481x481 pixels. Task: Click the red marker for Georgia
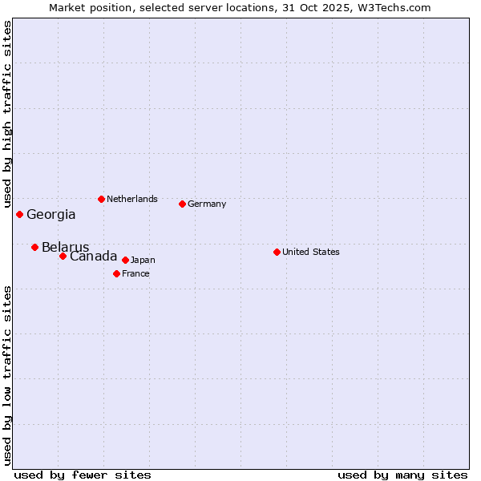[19, 214]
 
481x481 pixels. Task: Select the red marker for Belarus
[34, 247]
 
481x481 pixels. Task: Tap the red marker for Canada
[63, 256]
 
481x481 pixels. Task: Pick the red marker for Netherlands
[101, 199]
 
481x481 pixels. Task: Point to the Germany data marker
[182, 204]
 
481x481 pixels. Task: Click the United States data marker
[277, 252]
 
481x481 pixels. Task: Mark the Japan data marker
[125, 260]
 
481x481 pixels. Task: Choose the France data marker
[116, 273]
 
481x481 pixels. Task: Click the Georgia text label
[51, 215]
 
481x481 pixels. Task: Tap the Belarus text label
[66, 248]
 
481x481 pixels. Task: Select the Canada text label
[93, 257]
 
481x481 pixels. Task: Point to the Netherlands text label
[132, 199]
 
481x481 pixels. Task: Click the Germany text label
[207, 204]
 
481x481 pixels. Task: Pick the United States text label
[311, 252]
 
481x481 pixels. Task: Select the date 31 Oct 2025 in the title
[324, 8]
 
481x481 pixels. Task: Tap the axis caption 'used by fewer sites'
[83, 475]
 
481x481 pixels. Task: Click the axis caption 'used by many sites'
[402, 475]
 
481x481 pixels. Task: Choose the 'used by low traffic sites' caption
[8, 375]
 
